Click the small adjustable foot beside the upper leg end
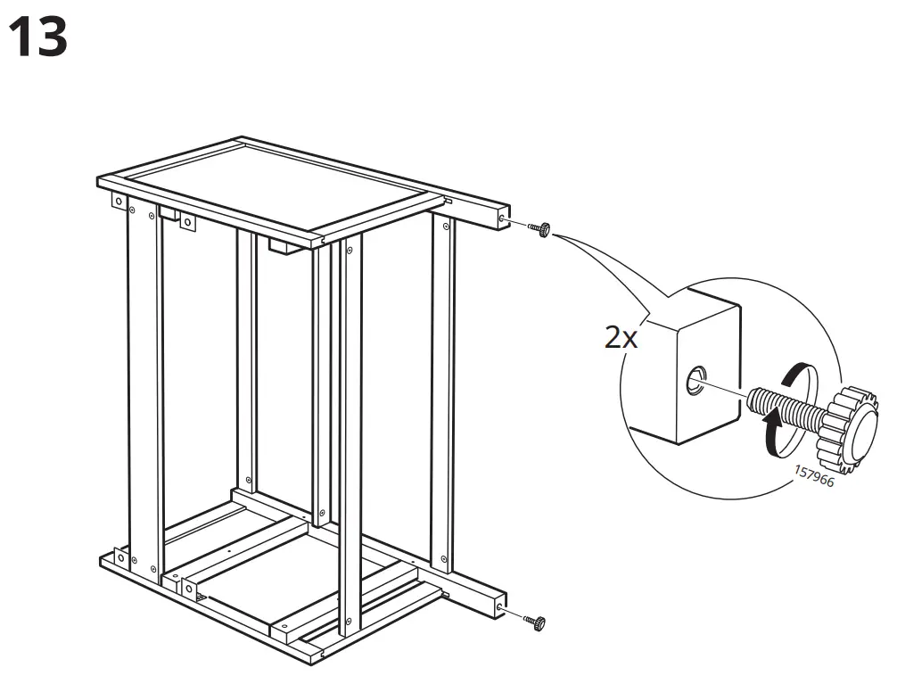point(540,229)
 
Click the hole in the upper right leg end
point(505,219)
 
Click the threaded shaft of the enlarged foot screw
point(785,408)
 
